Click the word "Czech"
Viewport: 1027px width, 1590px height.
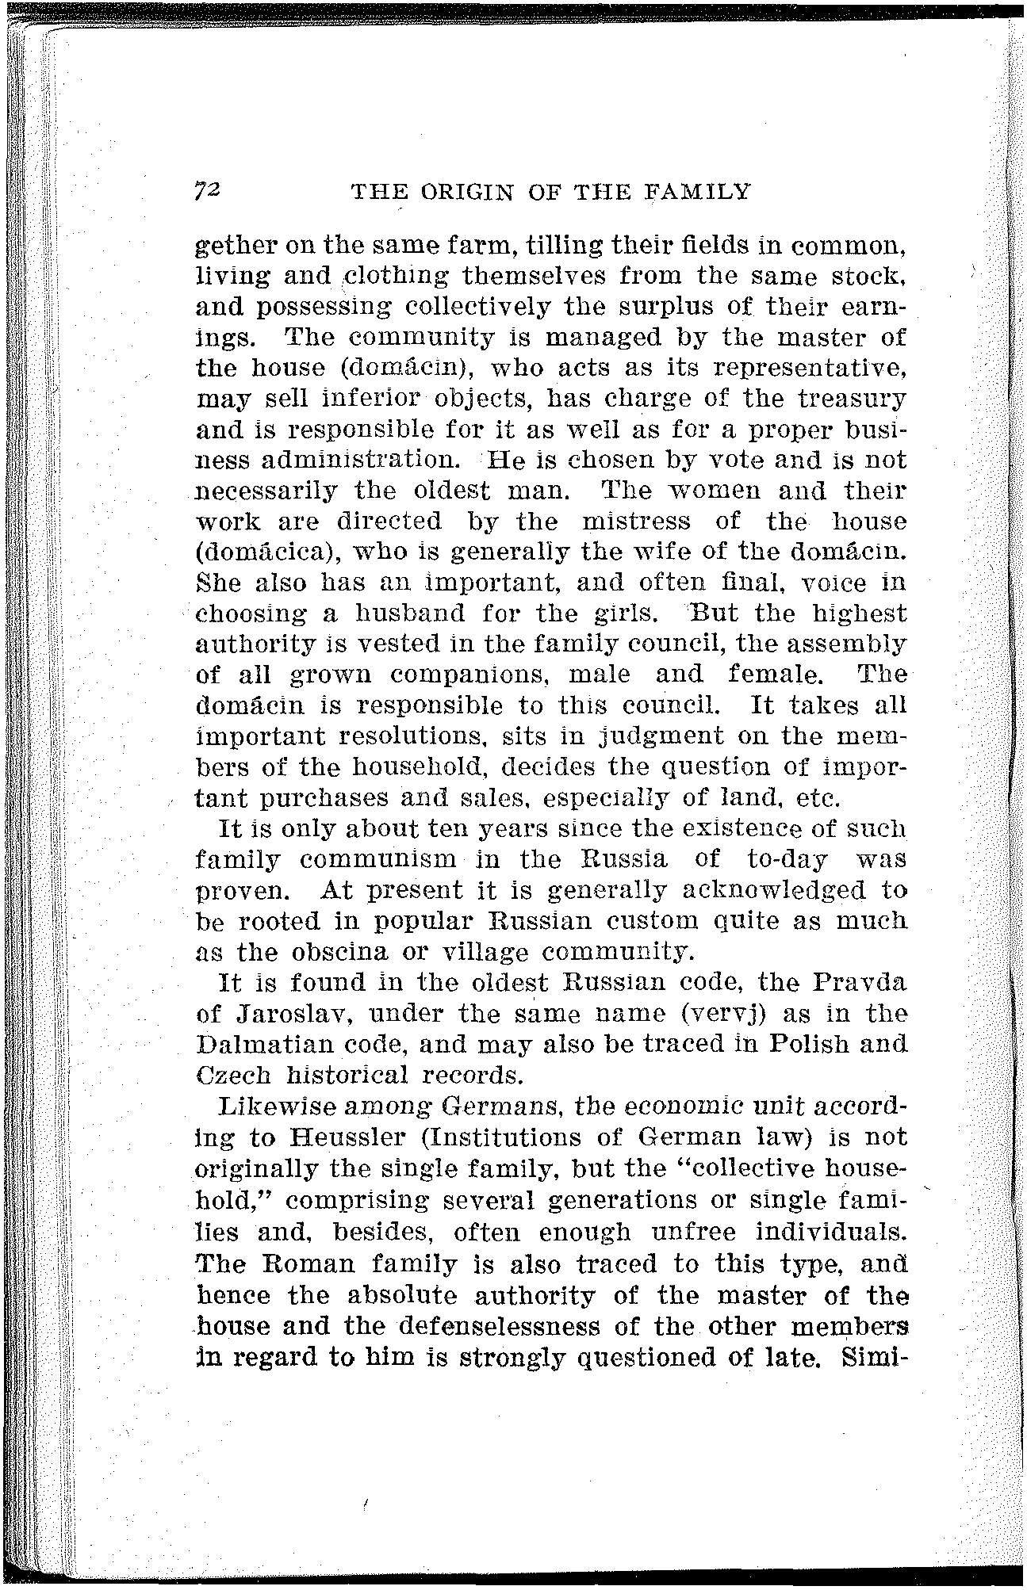tap(233, 1076)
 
